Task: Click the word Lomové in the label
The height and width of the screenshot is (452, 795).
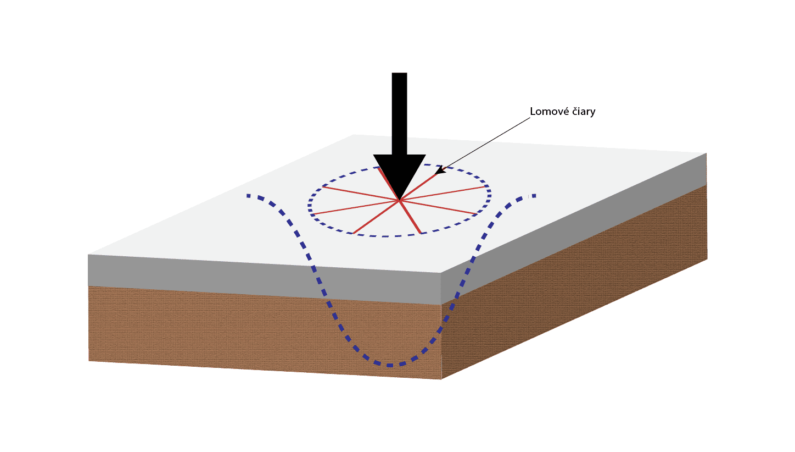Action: tap(550, 112)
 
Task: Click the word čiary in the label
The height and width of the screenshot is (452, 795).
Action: tap(584, 112)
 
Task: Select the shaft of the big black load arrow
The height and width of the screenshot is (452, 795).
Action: tap(399, 114)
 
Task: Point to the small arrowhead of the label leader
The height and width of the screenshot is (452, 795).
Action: tap(440, 170)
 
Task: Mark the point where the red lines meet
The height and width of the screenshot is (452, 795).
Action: tap(400, 201)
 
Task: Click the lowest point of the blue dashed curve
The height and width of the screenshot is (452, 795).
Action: tap(390, 365)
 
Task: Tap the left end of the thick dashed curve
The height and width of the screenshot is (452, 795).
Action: tap(248, 196)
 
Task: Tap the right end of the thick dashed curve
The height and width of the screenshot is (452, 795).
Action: tap(534, 196)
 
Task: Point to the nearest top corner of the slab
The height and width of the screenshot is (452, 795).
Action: tap(441, 273)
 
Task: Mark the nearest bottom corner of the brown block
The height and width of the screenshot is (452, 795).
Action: tap(441, 379)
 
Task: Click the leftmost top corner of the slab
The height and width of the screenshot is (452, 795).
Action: tap(88, 255)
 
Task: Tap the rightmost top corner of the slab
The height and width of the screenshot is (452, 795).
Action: tap(706, 153)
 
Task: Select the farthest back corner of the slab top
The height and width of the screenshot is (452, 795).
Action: tap(353, 135)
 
